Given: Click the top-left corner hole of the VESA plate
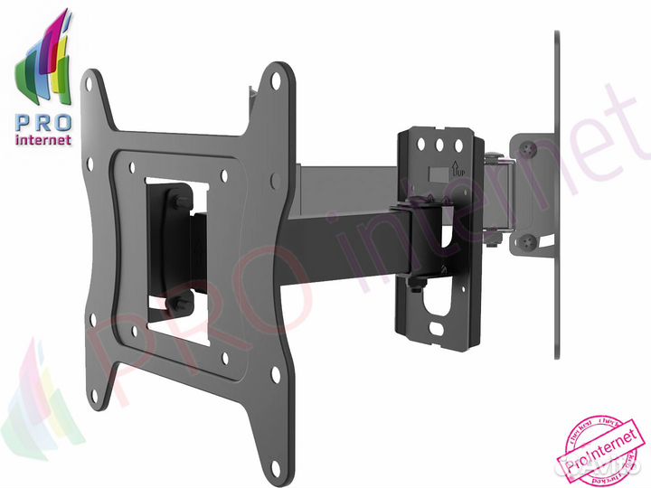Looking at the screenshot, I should pyautogui.click(x=89, y=82).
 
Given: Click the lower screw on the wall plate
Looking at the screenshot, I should pyautogui.click(x=526, y=241).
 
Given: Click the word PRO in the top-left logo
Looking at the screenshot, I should pyautogui.click(x=35, y=125).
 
